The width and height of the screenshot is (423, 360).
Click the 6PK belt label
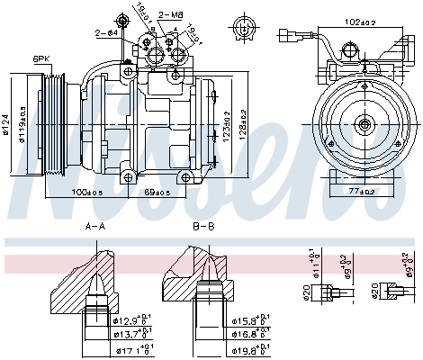coord(40,58)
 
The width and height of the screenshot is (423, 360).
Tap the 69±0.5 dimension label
coord(157,192)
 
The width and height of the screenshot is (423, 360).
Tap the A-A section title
coord(95,227)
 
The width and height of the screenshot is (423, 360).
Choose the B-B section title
coord(203,227)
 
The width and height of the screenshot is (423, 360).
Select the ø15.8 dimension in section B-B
coord(255,320)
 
